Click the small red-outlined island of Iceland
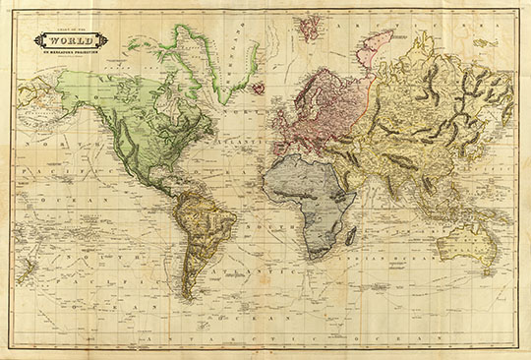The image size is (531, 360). pos(257,89)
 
